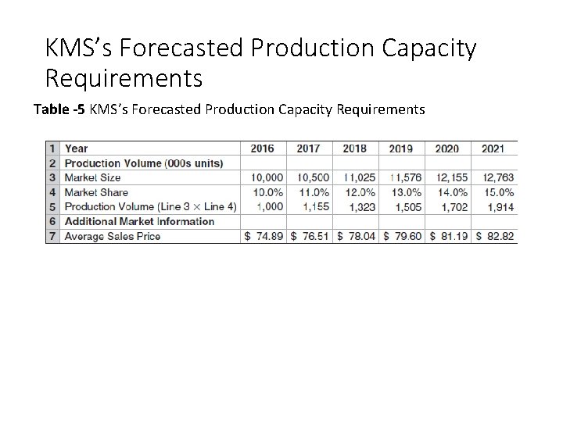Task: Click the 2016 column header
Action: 263,148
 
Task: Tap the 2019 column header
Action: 401,148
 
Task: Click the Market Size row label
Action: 92,178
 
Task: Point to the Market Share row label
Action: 96,192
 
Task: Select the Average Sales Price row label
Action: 113,236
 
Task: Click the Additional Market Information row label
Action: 139,221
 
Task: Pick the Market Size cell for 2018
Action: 357,178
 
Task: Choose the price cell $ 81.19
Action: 449,236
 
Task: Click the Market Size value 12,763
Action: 498,178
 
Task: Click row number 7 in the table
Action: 52,236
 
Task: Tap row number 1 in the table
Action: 52,148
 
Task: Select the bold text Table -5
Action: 60,109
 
